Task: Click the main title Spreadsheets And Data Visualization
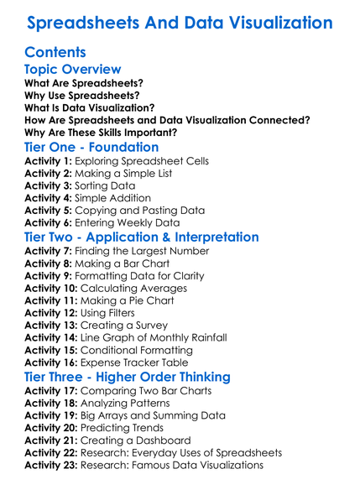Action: point(180,22)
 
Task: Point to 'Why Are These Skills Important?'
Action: point(101,132)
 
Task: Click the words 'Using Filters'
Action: point(110,312)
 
